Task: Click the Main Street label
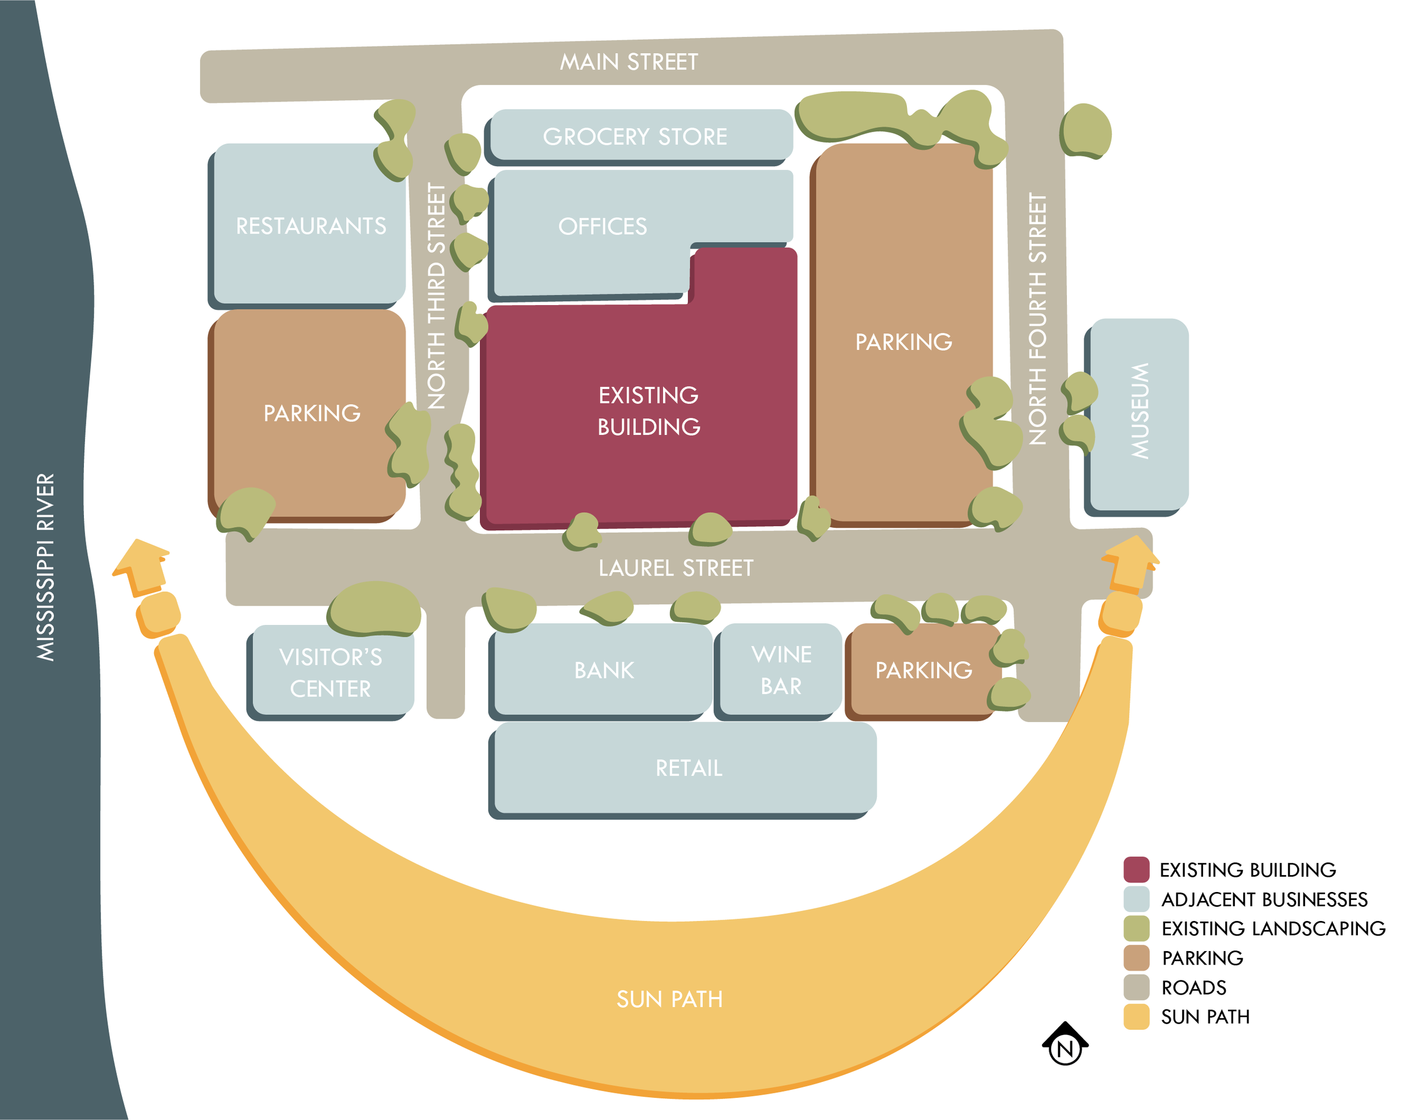point(628,62)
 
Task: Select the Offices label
point(602,226)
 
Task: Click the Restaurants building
point(310,225)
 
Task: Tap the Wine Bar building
point(780,670)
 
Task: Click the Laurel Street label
point(676,568)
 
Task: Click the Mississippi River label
point(46,567)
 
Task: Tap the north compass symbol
point(1065,1043)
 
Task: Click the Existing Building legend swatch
point(1136,869)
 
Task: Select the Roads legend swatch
point(1136,987)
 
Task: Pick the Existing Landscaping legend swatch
point(1136,928)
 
